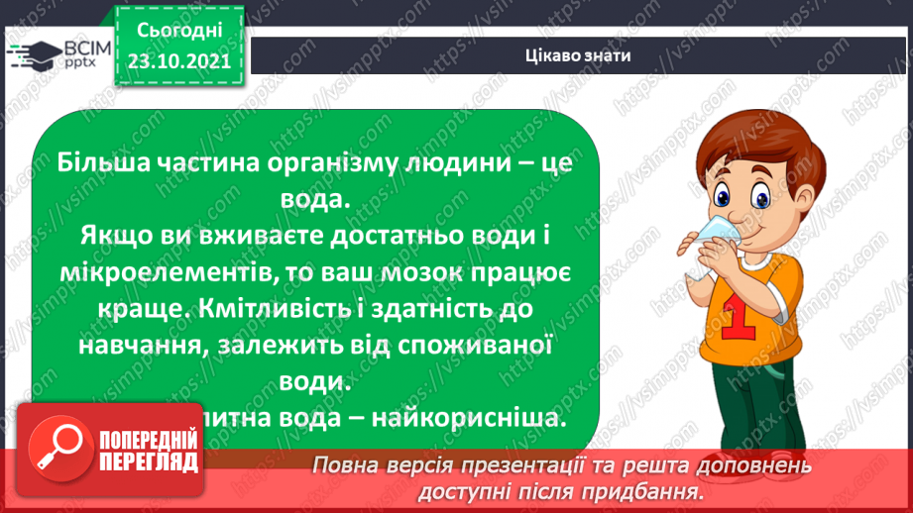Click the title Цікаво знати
[578, 54]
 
